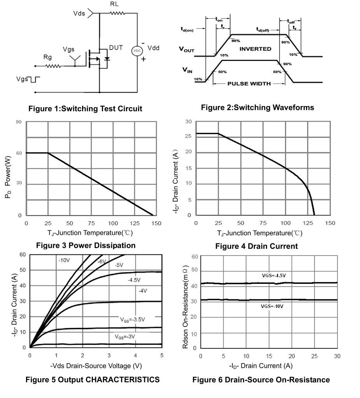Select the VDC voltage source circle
tap(137, 51)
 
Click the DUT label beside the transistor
tap(116, 48)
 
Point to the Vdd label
tap(153, 48)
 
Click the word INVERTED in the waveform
tap(255, 49)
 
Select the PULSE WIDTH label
tap(249, 83)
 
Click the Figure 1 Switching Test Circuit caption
tap(85, 109)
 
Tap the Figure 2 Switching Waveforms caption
tap(257, 108)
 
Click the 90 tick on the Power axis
tap(19, 122)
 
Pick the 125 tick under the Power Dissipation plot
tap(135, 223)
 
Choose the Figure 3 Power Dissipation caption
tap(86, 245)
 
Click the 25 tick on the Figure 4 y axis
tap(188, 136)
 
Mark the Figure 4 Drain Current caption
tap(256, 246)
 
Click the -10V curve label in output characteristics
tap(64, 260)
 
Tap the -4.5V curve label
tap(134, 280)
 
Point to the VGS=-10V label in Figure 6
tap(272, 306)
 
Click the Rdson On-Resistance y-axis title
tap(186, 302)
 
